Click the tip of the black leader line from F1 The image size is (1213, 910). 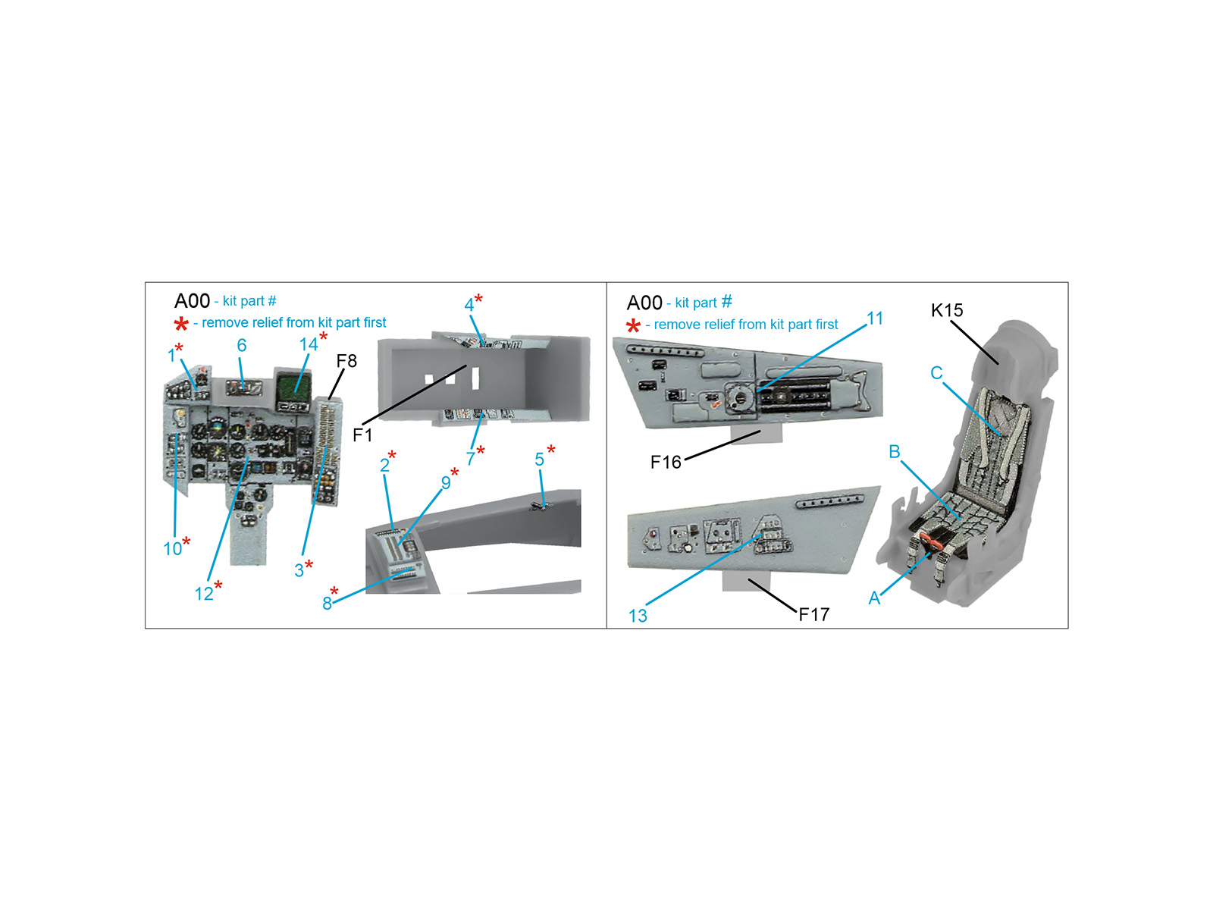[466, 366]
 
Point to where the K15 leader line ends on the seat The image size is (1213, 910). [998, 363]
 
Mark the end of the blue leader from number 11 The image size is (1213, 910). [758, 391]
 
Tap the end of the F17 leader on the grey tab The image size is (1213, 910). [749, 580]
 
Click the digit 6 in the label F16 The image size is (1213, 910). [675, 462]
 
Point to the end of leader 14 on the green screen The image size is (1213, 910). [296, 391]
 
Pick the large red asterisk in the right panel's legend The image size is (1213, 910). [633, 325]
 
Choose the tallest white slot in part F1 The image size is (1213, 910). [475, 378]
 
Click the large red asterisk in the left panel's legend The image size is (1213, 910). [180, 324]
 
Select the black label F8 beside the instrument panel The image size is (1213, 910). [346, 361]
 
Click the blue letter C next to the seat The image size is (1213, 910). [936, 372]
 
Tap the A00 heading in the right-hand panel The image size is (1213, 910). [644, 303]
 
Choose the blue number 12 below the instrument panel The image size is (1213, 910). [203, 594]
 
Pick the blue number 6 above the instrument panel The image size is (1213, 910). [242, 345]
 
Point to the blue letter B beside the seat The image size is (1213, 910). [894, 451]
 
